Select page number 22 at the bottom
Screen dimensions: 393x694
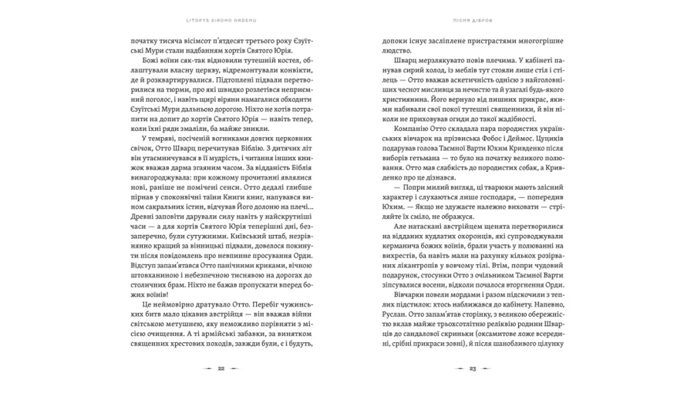[221, 369]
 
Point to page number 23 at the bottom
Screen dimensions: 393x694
[473, 369]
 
